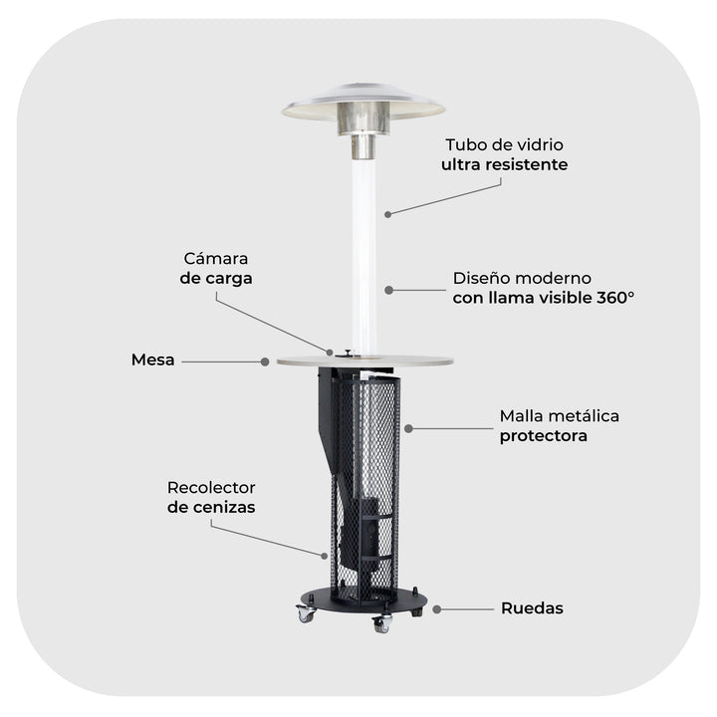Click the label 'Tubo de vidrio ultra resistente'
tap(504, 154)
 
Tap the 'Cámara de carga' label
tap(216, 269)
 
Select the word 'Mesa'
tap(152, 359)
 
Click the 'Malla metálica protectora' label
tap(560, 426)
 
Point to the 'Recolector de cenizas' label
tap(211, 497)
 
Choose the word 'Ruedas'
tap(532, 608)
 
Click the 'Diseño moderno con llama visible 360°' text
tap(544, 288)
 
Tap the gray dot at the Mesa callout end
tap(265, 361)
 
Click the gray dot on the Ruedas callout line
tap(437, 609)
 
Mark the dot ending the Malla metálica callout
tap(409, 428)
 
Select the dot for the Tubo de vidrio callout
tap(387, 214)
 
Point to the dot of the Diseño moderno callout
tap(389, 290)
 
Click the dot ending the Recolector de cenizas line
tap(325, 556)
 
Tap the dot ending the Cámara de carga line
tap(330, 353)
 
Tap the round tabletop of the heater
tap(364, 360)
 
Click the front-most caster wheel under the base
tap(382, 623)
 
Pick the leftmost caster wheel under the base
tap(306, 613)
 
